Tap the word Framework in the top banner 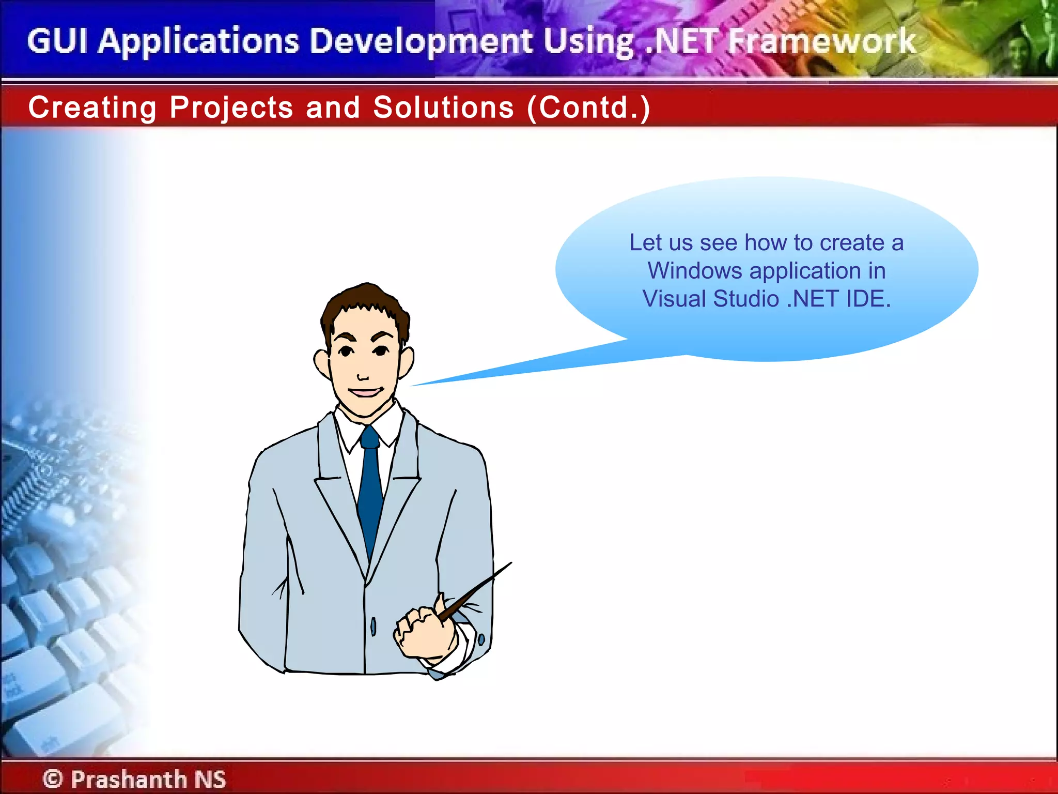tap(821, 41)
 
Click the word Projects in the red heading tap(231, 108)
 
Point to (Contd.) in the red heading tap(588, 108)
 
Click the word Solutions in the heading tap(443, 108)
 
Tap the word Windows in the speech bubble tap(695, 271)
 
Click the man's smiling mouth tap(366, 392)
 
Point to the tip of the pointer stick tap(510, 563)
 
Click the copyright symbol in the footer tap(52, 778)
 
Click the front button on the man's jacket tap(373, 627)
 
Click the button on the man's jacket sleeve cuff tap(481, 639)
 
